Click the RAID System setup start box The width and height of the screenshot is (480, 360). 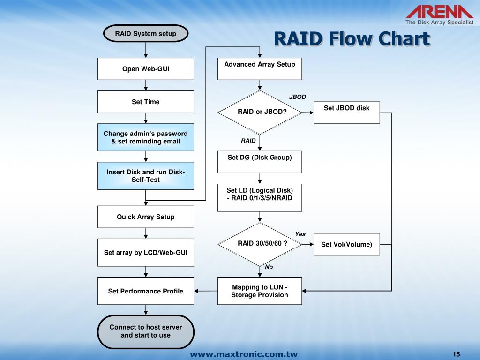146,34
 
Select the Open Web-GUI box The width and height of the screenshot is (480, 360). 146,69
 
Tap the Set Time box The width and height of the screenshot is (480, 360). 146,102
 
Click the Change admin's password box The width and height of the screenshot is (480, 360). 146,137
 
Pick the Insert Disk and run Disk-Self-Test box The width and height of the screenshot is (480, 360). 146,176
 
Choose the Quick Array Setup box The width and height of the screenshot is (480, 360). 146,217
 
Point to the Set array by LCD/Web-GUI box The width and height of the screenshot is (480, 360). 146,252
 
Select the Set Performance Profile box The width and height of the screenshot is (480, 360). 146,291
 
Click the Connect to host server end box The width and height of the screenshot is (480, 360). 146,331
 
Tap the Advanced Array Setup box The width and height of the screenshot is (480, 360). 260,69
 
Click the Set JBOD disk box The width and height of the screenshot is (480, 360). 346,112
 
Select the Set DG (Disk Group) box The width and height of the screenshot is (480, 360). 260,162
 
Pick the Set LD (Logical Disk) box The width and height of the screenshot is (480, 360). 260,197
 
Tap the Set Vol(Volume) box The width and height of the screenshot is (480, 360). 346,244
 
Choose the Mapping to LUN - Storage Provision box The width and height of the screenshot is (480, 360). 260,291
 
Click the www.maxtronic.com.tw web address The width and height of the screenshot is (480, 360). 244,354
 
